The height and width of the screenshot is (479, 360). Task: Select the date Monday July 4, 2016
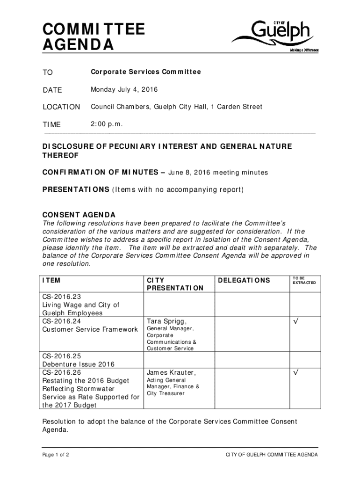tap(124, 89)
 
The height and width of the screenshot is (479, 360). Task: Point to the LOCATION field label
tap(61, 107)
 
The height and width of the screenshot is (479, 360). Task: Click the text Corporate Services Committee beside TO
tap(146, 72)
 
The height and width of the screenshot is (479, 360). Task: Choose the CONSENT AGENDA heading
tap(79, 215)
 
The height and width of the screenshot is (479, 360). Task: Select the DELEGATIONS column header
tap(244, 280)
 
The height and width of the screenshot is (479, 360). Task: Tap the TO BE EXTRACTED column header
tap(304, 280)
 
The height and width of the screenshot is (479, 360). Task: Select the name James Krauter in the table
tap(171, 373)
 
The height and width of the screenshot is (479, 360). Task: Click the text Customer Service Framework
tap(90, 330)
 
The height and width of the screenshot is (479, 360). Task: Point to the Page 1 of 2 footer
tap(56, 455)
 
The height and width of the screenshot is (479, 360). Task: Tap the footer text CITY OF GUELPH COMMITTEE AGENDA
tap(272, 455)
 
